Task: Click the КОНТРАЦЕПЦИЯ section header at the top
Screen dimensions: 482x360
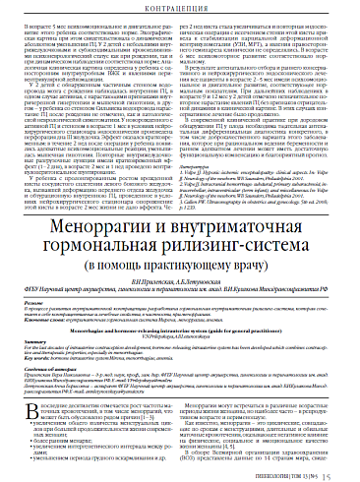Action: (x=180, y=10)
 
